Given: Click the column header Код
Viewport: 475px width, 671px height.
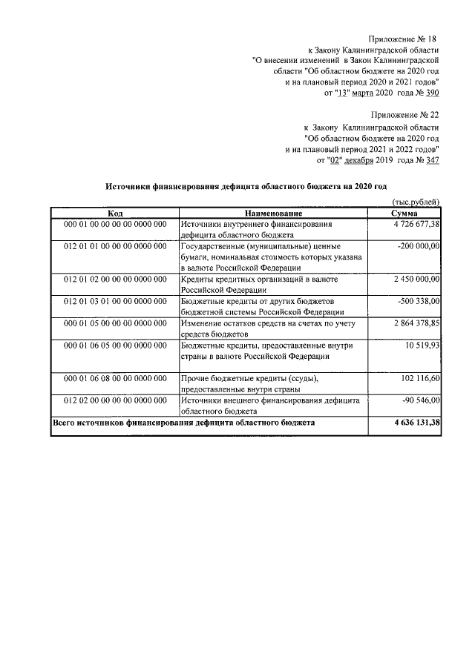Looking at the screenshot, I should coord(115,213).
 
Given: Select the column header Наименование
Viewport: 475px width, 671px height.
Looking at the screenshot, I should coord(273,213).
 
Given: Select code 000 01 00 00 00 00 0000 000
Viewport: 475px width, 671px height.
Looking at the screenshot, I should coord(115,223).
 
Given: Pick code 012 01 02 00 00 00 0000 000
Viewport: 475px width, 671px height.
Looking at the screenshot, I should coord(115,279).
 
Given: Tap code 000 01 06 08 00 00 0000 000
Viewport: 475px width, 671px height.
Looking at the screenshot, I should coord(115,379).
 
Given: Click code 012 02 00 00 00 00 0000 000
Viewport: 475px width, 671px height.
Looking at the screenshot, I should coord(115,400).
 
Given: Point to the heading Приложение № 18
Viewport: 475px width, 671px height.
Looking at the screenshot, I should coord(404,38).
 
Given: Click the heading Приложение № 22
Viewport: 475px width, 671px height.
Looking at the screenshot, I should coord(404,115).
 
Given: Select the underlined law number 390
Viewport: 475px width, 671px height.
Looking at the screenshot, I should coord(431,93).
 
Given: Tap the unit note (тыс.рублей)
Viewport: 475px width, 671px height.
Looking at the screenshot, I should coord(415,202).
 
